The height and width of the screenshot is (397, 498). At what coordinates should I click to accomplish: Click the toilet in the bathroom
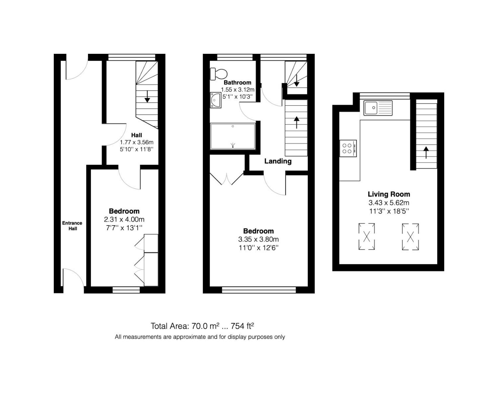click(x=218, y=74)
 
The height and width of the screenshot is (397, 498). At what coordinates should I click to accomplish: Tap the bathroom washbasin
click(x=216, y=100)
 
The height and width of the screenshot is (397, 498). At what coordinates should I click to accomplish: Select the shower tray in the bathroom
click(x=233, y=136)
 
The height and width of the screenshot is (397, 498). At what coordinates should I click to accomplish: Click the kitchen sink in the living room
click(x=378, y=108)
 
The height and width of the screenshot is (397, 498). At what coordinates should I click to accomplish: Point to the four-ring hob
click(x=348, y=148)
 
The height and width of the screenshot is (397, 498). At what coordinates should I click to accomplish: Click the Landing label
click(x=278, y=161)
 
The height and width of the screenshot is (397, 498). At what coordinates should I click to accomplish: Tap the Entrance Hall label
click(x=72, y=226)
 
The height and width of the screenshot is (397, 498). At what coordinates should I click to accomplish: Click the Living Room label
click(x=389, y=194)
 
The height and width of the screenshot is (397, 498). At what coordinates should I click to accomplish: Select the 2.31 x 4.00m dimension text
click(x=124, y=219)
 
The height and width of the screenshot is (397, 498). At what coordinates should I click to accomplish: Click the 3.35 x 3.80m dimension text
click(x=258, y=239)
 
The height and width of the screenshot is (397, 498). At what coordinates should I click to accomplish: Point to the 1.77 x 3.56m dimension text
click(x=137, y=142)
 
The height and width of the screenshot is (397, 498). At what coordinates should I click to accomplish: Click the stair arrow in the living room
click(x=426, y=152)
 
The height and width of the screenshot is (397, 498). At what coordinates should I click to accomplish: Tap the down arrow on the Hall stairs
click(x=147, y=96)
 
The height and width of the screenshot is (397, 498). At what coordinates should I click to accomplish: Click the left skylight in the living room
click(x=367, y=236)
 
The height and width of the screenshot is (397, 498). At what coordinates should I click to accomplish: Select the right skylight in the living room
click(x=410, y=237)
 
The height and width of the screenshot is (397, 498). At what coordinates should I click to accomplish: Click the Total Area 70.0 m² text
click(x=185, y=326)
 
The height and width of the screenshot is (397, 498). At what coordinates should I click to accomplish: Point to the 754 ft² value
click(x=242, y=326)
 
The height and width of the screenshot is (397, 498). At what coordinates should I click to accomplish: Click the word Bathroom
click(x=237, y=83)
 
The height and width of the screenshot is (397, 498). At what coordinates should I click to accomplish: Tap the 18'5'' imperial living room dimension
click(x=399, y=211)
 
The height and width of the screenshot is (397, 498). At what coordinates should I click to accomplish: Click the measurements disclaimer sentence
click(x=200, y=337)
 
